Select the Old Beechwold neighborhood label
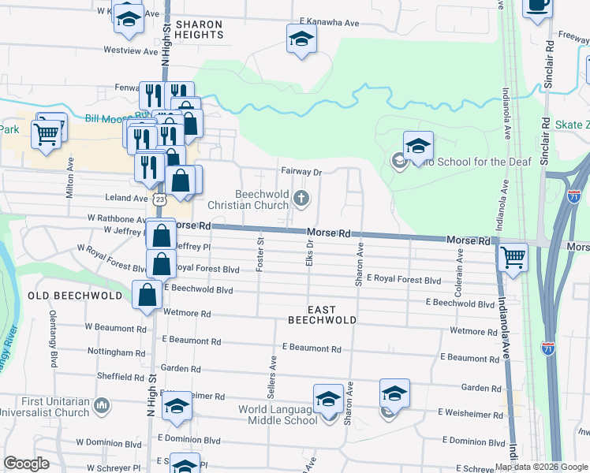point(76,296)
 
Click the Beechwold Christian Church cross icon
point(301,198)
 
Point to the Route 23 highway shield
point(160,200)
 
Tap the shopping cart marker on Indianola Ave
point(513,257)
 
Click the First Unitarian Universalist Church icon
point(101,406)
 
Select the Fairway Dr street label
point(302,172)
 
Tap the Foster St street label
point(260,254)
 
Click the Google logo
point(26,464)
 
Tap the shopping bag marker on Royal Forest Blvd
point(161,263)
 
